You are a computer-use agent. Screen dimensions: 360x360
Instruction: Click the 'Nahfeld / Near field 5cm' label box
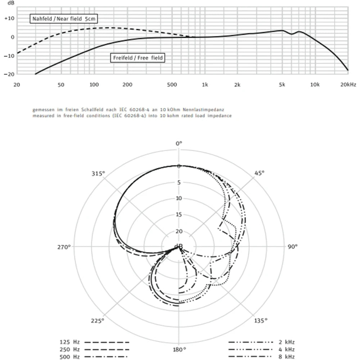click(64, 18)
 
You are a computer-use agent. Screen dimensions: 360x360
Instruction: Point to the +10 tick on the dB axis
click(9, 18)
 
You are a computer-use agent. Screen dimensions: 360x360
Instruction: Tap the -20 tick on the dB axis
click(9, 74)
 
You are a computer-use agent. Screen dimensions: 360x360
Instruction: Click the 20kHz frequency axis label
click(348, 85)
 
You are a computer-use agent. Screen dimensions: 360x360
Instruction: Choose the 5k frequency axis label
click(282, 85)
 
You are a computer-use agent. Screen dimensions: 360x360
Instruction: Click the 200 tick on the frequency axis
click(127, 85)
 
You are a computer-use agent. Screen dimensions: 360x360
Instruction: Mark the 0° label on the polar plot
click(179, 143)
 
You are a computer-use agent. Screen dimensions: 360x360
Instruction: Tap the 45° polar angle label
click(260, 173)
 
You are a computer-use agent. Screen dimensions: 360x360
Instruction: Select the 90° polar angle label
click(292, 247)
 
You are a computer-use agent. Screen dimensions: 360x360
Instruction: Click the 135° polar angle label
click(261, 320)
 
